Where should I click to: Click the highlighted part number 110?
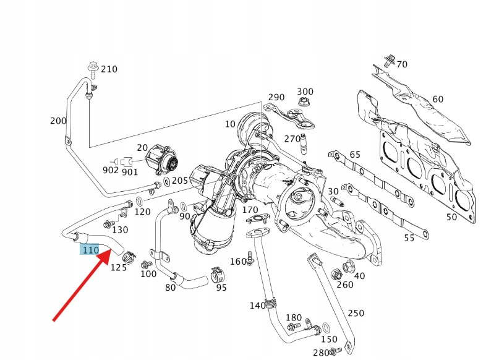click(x=90, y=249)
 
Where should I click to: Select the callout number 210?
click(x=109, y=69)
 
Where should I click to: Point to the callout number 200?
click(x=58, y=121)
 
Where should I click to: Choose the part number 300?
click(x=305, y=92)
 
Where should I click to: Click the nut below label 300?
click(x=304, y=102)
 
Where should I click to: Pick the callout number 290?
click(x=276, y=97)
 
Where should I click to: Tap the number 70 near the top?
click(x=402, y=64)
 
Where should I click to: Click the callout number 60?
click(x=438, y=99)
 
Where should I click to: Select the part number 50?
click(x=452, y=217)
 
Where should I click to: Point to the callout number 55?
click(x=409, y=238)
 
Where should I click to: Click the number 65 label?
click(x=354, y=154)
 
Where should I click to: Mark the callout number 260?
click(x=345, y=285)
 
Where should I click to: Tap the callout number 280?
click(x=320, y=353)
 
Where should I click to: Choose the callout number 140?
click(x=258, y=306)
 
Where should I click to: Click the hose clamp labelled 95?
click(x=216, y=273)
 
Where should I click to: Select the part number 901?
click(x=130, y=172)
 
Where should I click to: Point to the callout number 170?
click(x=250, y=210)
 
